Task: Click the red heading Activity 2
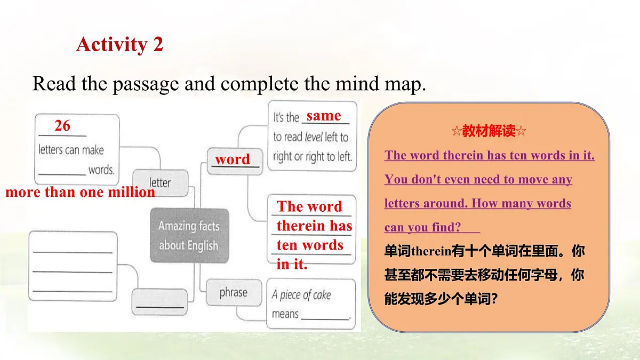(x=119, y=44)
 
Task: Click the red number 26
(x=62, y=126)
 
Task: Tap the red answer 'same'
(x=323, y=116)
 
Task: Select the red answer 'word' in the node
(x=232, y=159)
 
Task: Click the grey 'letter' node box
(x=160, y=182)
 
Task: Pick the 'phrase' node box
(x=233, y=293)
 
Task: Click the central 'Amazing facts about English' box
(x=189, y=235)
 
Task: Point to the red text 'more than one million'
(x=80, y=193)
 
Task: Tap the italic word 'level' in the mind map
(x=314, y=137)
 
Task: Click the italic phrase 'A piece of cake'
(x=301, y=294)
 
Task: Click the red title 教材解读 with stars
(x=489, y=131)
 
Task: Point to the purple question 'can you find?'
(x=422, y=228)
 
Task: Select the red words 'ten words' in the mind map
(x=309, y=245)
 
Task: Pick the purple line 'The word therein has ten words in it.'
(x=489, y=156)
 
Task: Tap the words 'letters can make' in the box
(x=71, y=150)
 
